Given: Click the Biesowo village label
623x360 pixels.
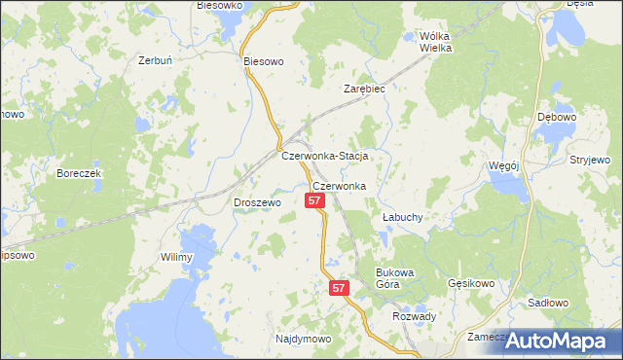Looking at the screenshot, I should tap(263, 60).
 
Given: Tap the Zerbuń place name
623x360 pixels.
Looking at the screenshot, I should tap(156, 60).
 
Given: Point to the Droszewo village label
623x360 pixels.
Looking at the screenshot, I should tap(257, 202).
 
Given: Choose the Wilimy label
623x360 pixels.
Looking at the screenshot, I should tap(177, 257).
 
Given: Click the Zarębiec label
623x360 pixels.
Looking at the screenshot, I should tap(365, 89).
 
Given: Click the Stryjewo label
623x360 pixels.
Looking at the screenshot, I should tap(590, 159).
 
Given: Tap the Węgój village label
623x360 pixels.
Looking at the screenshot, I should tap(503, 165).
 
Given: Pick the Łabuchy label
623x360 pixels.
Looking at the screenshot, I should tap(401, 217).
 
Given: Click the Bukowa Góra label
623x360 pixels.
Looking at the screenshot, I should tap(395, 278).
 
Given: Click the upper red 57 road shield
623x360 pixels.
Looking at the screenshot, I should tap(313, 200).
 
